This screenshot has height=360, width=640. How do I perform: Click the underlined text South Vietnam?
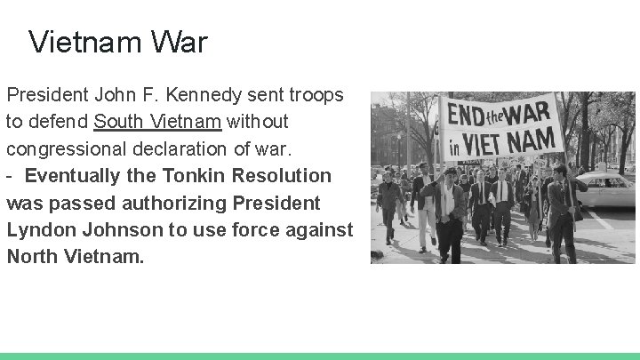[157, 120]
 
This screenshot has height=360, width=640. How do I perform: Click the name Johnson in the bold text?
[121, 230]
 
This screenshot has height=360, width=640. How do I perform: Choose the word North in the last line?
[33, 257]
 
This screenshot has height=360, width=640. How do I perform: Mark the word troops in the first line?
[316, 94]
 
